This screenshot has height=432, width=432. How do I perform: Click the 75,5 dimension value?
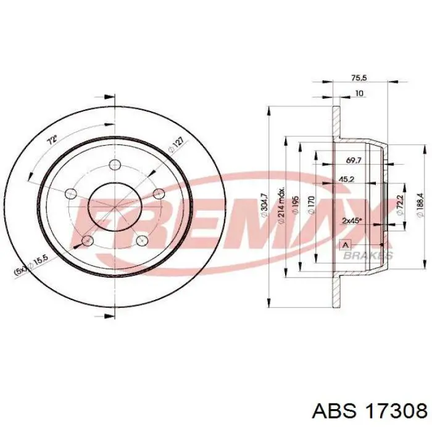click(359, 78)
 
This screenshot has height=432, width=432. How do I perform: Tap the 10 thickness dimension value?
click(359, 93)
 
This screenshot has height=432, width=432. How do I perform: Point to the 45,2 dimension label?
click(346, 180)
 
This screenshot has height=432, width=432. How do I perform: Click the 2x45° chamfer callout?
click(352, 221)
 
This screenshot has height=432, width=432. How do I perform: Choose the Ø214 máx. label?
click(281, 206)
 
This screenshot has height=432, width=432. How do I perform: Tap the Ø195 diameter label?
click(296, 205)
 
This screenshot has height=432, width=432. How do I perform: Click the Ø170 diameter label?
click(311, 205)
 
